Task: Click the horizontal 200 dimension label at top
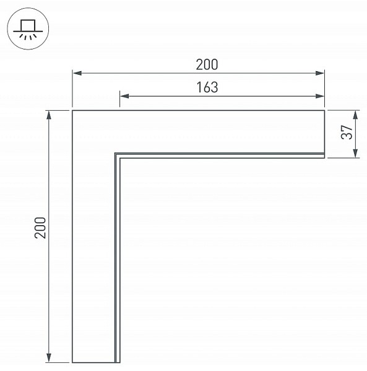click(207, 64)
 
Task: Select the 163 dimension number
click(207, 87)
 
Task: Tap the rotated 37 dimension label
click(347, 132)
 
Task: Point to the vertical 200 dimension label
click(40, 228)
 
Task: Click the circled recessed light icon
click(28, 28)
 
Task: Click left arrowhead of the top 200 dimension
click(77, 73)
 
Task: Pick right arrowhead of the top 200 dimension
click(319, 73)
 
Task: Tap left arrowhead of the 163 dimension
click(124, 96)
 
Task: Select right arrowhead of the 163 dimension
click(319, 96)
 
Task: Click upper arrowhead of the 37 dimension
click(355, 115)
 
